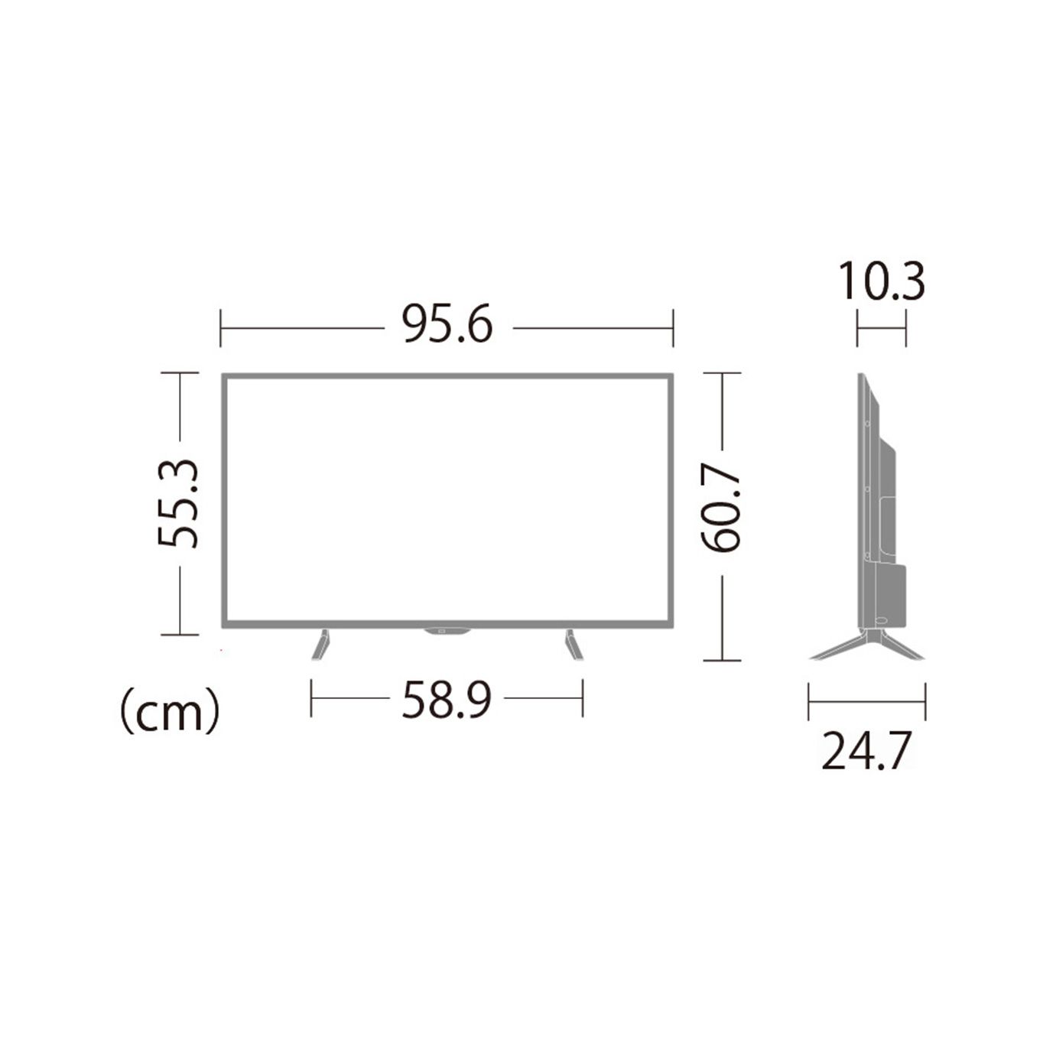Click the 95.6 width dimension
(x=447, y=325)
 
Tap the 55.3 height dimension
(x=178, y=504)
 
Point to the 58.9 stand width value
(x=447, y=700)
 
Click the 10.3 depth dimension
(x=882, y=281)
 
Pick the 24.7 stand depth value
(x=866, y=751)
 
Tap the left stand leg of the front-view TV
(x=320, y=644)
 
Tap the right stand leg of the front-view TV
(x=574, y=644)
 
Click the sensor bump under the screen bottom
(x=447, y=631)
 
